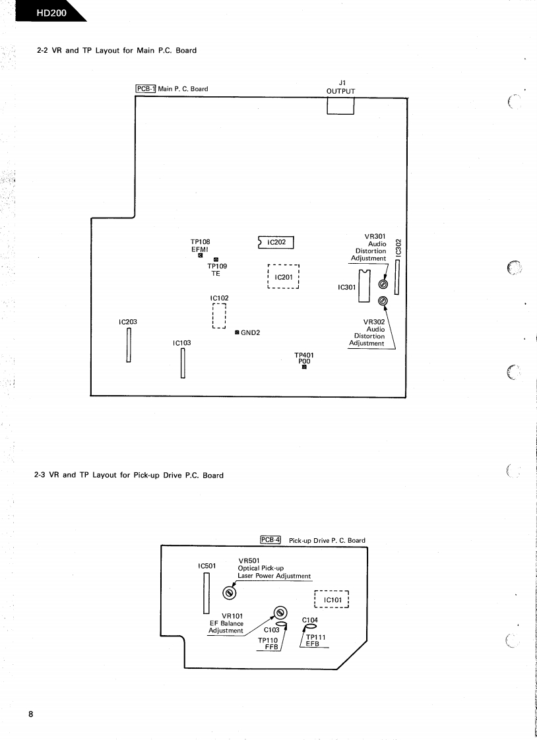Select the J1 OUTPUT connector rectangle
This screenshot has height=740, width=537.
340,106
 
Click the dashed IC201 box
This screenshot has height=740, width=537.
284,277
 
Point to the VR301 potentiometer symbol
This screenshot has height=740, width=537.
382,285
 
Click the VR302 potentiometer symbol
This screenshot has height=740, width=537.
382,301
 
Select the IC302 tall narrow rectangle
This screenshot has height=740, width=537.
397,276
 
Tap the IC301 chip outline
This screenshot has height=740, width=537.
363,286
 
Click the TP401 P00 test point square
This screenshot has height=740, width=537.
304,368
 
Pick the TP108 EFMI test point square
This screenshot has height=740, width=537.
200,257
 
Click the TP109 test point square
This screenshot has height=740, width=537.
216,260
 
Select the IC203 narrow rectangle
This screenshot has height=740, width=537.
129,344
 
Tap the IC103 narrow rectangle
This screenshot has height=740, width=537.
182,363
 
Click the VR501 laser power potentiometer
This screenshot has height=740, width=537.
229,592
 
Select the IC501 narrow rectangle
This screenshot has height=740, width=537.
206,592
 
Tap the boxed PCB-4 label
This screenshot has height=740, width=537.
270,540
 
